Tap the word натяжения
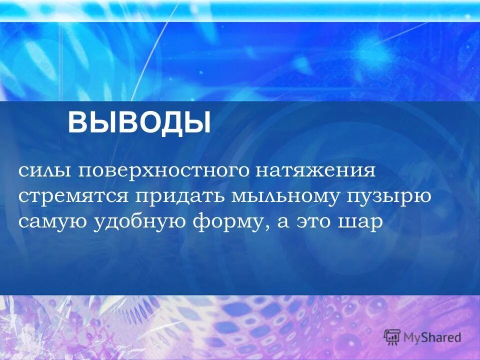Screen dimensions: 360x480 (x=316, y=171)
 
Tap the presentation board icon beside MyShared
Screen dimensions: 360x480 (x=392, y=336)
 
